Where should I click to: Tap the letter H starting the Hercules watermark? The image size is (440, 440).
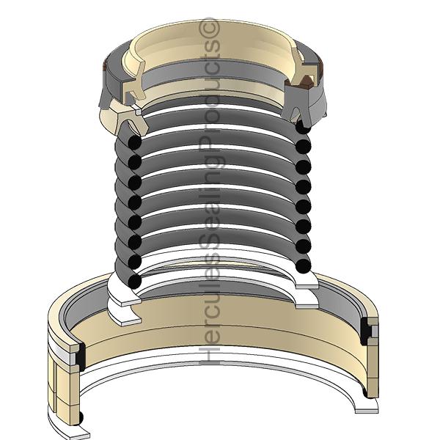point(209,354)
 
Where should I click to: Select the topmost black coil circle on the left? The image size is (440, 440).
point(135,142)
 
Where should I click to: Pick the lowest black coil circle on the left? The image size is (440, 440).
point(134,281)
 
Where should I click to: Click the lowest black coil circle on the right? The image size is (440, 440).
point(304,265)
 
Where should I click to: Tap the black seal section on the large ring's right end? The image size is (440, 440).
point(365,331)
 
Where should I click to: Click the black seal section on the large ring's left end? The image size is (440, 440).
point(81,356)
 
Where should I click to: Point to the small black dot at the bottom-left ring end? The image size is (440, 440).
point(81,418)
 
